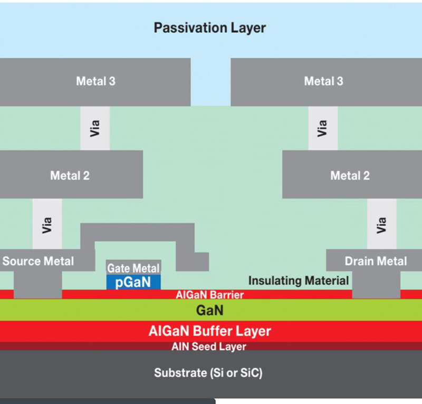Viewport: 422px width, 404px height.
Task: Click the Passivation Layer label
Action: [x=210, y=28]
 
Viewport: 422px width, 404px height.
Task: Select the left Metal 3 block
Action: [x=95, y=81]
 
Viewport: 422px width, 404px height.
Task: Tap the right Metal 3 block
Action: [x=323, y=81]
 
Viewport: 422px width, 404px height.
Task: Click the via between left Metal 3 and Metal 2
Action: [x=95, y=128]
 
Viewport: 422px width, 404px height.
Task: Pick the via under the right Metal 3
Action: [x=323, y=128]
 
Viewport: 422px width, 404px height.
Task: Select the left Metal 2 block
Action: [x=70, y=175]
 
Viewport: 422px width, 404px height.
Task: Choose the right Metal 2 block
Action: [x=350, y=175]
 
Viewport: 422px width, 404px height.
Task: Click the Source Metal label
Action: [x=38, y=261]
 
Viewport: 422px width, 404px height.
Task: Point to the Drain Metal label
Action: [x=376, y=261]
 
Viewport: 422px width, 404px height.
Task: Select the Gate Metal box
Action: [x=133, y=268]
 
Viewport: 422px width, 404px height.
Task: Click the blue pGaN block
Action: [x=133, y=282]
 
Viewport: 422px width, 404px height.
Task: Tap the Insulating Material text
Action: [x=298, y=281]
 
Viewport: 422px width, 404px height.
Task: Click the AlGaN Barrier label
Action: [x=210, y=295]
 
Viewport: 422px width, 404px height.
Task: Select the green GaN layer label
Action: [x=210, y=311]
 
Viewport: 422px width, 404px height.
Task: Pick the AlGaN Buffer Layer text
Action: [x=210, y=331]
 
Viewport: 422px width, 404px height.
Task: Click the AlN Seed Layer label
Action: [x=209, y=347]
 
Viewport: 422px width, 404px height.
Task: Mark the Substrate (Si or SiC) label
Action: [x=208, y=373]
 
